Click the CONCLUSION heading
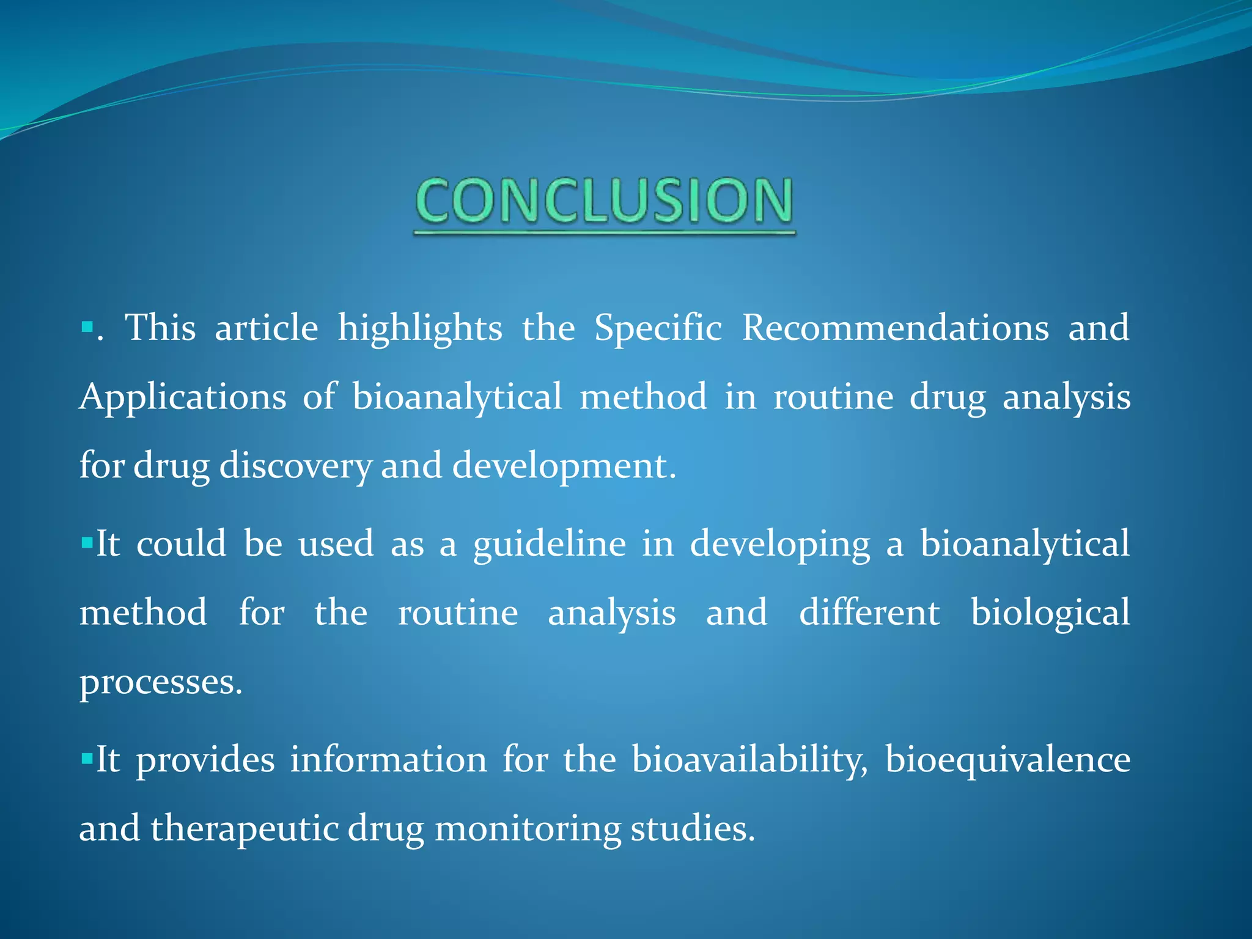604,202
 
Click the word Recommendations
895,328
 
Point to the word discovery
295,467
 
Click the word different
869,613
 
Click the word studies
692,829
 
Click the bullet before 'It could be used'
86,542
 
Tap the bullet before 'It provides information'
86,758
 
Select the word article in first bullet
267,328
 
